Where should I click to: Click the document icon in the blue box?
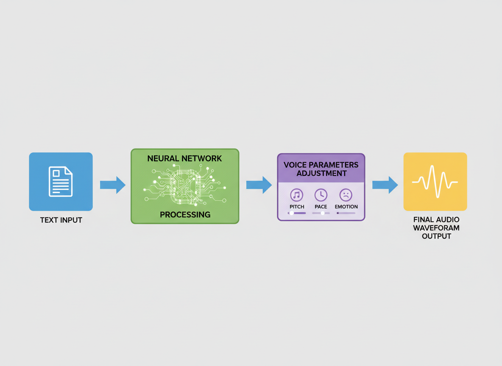coord(61,181)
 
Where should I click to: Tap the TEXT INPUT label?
coord(61,220)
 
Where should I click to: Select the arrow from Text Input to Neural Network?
coord(113,185)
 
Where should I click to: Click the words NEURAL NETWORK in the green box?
coord(184,158)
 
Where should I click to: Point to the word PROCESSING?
coord(185,215)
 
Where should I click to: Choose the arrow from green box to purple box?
coord(259,185)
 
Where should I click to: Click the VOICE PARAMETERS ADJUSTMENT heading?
coord(321,169)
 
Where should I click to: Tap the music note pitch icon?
coord(297,195)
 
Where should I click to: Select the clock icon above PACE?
coord(321,195)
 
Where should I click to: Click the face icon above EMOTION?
coord(346,195)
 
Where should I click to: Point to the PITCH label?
coord(297,207)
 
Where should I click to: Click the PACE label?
coord(321,207)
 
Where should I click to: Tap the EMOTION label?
coord(346,207)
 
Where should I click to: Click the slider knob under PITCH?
coord(292,213)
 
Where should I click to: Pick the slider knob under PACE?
coord(323,213)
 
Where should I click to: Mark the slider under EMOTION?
coord(346,213)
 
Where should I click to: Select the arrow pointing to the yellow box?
coord(385,185)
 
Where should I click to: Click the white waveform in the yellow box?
coord(435,182)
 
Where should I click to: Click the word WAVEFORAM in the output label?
coord(436,228)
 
